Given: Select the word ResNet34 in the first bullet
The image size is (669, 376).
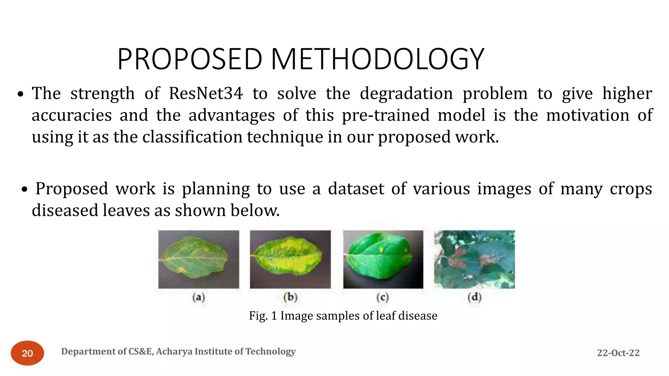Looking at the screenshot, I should [x=206, y=94].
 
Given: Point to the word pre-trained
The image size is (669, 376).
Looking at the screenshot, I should [x=385, y=115].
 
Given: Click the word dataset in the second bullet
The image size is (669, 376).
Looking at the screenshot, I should [x=356, y=189].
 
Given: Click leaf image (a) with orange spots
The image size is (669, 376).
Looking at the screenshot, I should [x=199, y=259].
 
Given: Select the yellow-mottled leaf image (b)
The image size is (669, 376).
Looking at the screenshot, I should [x=290, y=259].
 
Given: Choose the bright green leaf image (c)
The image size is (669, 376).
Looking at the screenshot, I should [x=383, y=259].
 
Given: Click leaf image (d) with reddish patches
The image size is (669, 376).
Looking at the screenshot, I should [x=474, y=259].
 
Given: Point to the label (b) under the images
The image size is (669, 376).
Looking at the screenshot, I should [x=290, y=297].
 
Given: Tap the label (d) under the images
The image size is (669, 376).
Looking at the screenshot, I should [x=474, y=297].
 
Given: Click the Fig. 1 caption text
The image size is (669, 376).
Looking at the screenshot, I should [x=343, y=316].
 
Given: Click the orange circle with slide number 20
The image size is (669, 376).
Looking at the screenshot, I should [x=27, y=353].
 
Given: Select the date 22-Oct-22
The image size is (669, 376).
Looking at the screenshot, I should [x=618, y=353].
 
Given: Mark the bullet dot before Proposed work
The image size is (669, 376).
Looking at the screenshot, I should [x=24, y=190].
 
